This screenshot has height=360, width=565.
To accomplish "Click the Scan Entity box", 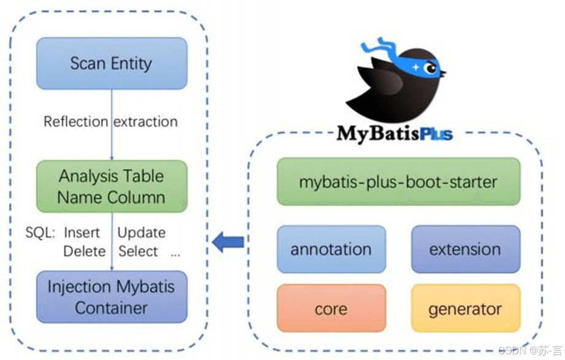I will tap(111, 63).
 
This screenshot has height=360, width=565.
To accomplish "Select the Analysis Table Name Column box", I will tap(111, 186).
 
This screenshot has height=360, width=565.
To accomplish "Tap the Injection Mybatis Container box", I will tap(111, 297).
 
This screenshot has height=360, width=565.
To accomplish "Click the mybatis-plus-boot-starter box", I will tap(398, 182).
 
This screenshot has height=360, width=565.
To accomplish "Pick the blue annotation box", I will tap(331, 249).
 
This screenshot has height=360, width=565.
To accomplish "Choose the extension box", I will tap(465, 249).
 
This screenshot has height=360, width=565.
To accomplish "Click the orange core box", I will tap(331, 308).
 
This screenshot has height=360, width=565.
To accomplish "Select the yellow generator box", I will tap(465, 308).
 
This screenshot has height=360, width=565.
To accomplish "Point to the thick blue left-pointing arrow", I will tap(228, 243).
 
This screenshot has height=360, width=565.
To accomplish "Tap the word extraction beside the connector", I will tap(145, 121).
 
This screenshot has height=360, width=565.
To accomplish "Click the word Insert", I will tap(82, 233).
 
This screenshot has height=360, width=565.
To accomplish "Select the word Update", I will tap(141, 233).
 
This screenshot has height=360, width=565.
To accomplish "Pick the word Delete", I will tap(84, 251).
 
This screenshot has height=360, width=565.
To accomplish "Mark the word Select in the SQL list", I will tap(138, 251).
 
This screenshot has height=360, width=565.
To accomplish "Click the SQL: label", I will tap(40, 233).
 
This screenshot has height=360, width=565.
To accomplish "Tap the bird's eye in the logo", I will tap(431, 69).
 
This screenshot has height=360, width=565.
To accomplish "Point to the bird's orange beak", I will tap(442, 73).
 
